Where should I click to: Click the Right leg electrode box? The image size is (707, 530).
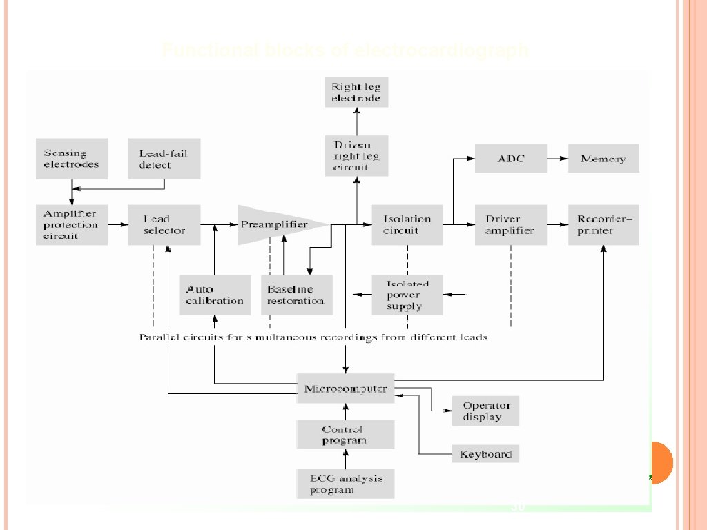point(356,92)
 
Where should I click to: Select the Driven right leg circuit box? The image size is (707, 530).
point(356,156)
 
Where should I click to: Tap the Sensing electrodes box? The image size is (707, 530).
point(71,159)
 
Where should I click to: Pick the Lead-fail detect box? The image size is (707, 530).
point(164,159)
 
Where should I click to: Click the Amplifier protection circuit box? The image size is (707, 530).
point(71,224)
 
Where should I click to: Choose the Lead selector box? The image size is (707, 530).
point(164,224)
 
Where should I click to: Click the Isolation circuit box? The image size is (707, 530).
point(407,224)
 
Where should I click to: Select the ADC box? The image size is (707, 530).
point(511,159)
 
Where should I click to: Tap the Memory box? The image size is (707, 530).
point(603,159)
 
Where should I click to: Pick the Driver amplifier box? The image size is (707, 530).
point(511,224)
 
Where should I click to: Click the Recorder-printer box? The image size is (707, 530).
point(603,224)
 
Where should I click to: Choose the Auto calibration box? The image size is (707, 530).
point(215,295)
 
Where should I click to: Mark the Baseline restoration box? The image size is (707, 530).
point(297,295)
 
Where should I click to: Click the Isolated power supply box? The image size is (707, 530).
point(407,295)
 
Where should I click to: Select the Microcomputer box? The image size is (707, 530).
point(346,389)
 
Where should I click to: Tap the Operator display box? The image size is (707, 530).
point(485,411)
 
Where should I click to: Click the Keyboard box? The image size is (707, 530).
point(485,454)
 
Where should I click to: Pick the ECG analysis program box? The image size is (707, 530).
point(346,484)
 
